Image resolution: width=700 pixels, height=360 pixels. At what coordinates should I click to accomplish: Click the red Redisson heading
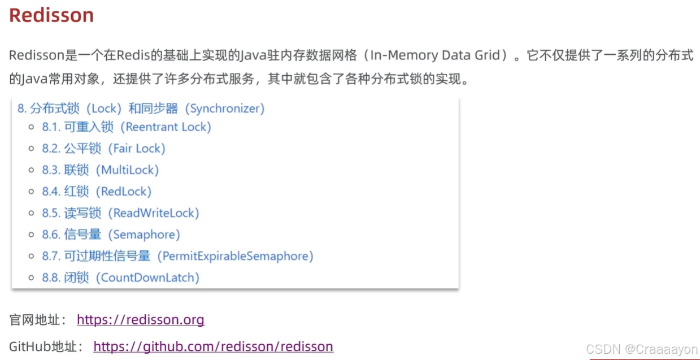point(51,15)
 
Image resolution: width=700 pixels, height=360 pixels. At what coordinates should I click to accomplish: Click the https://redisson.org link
point(140,320)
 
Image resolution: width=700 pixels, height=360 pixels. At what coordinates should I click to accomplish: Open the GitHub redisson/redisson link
point(213,346)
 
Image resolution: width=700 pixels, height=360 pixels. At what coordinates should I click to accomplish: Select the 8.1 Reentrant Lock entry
point(126,127)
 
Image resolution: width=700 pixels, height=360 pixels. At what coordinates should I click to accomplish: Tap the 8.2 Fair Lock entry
point(103,149)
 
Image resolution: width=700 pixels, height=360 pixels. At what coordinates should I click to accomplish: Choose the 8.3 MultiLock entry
point(100,170)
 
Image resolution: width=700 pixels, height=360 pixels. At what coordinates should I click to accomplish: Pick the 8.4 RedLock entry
point(97,192)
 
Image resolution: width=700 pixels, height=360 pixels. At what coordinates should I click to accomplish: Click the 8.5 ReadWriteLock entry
point(120,213)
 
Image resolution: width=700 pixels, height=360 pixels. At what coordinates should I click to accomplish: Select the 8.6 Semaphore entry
point(111,235)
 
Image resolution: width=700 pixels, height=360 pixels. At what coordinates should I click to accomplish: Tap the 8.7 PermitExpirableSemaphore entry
point(177,256)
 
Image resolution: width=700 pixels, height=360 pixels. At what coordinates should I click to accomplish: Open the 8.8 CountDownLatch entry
point(120,277)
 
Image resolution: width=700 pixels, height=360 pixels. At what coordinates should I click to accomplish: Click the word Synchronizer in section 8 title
point(224,108)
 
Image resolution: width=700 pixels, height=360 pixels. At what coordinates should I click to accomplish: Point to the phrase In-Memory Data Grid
point(434,55)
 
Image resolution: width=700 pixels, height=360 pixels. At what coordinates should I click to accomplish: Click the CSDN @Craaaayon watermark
point(642,349)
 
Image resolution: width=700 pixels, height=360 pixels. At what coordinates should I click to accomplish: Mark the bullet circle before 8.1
point(32,127)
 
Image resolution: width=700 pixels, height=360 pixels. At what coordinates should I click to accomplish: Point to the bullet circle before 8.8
point(32,277)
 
